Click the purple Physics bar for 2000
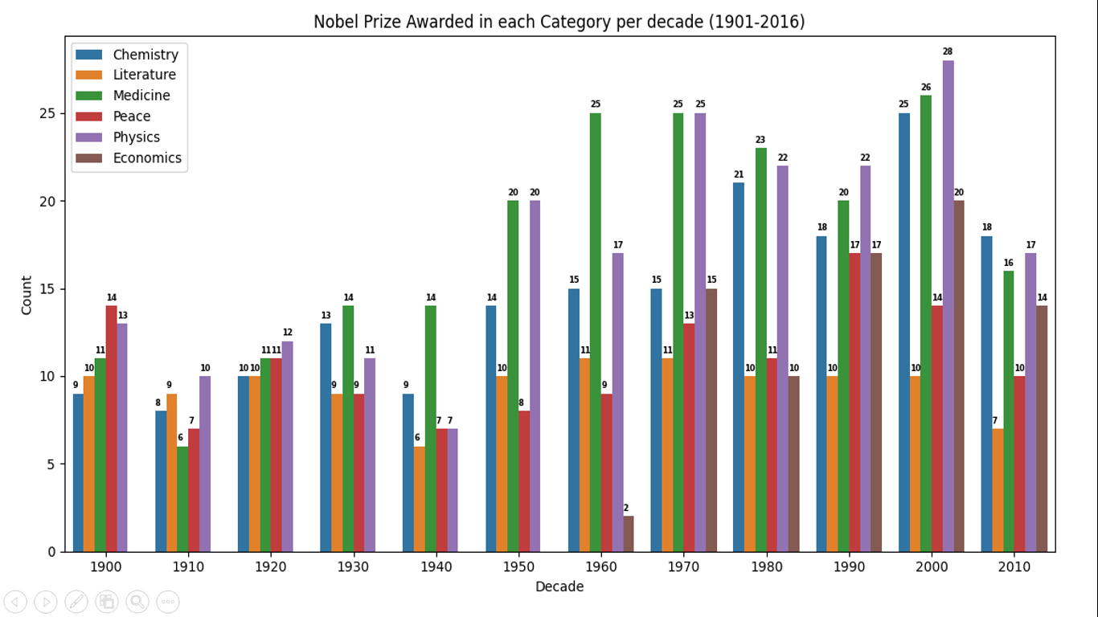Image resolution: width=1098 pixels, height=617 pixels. (x=948, y=305)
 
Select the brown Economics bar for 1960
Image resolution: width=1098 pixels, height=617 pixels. (x=629, y=534)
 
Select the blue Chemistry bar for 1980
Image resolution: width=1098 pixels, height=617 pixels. (x=739, y=367)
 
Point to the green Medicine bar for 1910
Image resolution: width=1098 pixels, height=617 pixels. (x=182, y=499)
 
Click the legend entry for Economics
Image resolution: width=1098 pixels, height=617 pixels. (x=147, y=158)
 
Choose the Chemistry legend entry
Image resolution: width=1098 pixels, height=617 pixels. (x=145, y=55)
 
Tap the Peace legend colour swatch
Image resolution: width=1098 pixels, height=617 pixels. (x=89, y=116)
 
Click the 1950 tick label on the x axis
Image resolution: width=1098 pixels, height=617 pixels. (x=518, y=566)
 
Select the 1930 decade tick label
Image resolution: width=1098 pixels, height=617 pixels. (x=353, y=566)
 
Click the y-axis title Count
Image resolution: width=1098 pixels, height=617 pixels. (x=27, y=296)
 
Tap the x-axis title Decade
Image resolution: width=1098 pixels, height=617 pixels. (x=559, y=587)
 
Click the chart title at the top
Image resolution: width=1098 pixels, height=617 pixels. (x=559, y=22)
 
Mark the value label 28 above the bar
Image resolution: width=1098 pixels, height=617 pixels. (x=948, y=51)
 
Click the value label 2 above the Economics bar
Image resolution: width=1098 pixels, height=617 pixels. (x=626, y=508)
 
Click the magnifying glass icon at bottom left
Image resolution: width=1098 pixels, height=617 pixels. (x=137, y=601)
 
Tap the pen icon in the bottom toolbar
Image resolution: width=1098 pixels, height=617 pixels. (x=76, y=601)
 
